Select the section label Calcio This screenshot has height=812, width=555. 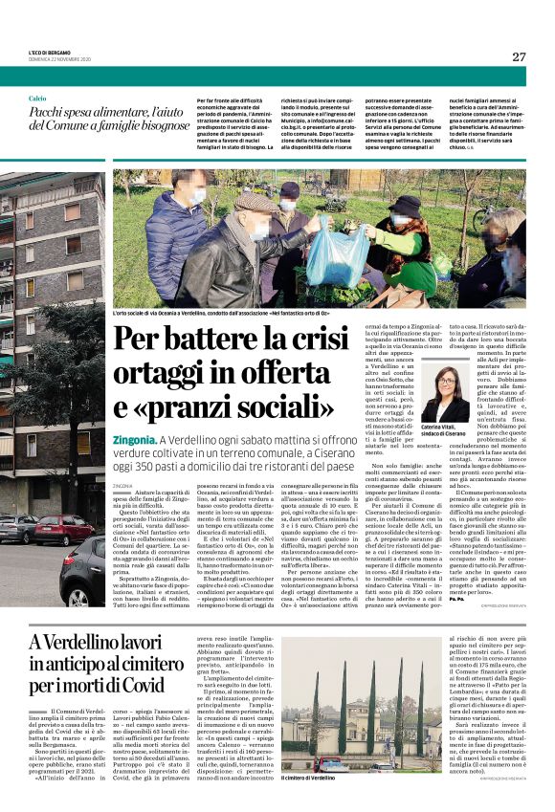(x=37, y=99)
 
